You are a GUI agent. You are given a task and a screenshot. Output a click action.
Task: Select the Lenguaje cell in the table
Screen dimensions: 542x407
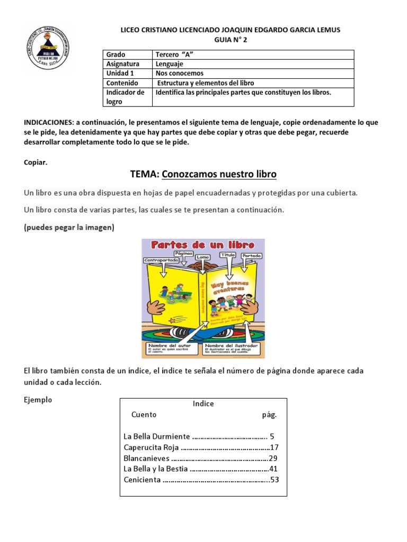170,64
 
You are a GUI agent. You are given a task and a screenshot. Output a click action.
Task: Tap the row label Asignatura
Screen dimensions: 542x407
122,64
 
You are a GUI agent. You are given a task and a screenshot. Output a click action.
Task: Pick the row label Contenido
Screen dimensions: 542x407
122,83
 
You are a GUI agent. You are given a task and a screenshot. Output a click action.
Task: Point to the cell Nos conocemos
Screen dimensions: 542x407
180,74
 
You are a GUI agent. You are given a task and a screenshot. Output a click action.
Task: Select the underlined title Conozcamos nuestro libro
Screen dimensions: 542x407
219,174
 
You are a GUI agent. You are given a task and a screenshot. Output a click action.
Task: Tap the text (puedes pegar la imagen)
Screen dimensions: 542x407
69,228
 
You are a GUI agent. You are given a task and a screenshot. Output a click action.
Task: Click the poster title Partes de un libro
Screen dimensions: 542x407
203,245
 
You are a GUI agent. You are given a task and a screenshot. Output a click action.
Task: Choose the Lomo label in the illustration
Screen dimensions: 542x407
203,257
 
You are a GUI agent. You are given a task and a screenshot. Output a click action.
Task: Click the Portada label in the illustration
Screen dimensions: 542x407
251,256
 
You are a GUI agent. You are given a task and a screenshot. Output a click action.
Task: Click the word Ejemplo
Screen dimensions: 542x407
38,400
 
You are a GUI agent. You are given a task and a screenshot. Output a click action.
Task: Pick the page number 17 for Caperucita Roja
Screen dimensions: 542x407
274,447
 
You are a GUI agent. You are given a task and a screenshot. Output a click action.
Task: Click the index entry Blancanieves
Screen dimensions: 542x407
146,458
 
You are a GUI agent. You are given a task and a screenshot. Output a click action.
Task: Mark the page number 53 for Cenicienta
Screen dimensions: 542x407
274,480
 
